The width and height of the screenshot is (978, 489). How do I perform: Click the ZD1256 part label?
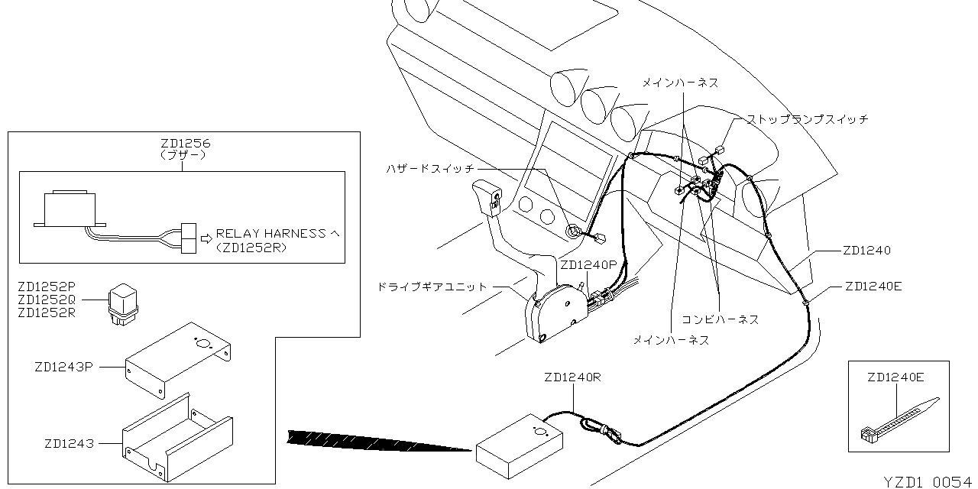click(186, 143)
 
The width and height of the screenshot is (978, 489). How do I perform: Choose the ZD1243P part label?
click(63, 367)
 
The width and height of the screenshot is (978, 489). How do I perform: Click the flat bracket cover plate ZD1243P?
click(180, 359)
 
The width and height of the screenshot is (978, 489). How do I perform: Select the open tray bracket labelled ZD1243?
click(177, 439)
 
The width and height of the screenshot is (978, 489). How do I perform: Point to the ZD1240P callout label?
click(588, 265)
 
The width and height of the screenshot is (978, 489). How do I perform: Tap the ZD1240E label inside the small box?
click(896, 377)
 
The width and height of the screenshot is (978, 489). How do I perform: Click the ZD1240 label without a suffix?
click(866, 250)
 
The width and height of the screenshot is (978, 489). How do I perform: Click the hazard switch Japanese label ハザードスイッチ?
click(431, 168)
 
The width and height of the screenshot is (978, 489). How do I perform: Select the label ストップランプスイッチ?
click(807, 119)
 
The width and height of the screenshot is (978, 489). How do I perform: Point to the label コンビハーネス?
click(721, 319)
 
